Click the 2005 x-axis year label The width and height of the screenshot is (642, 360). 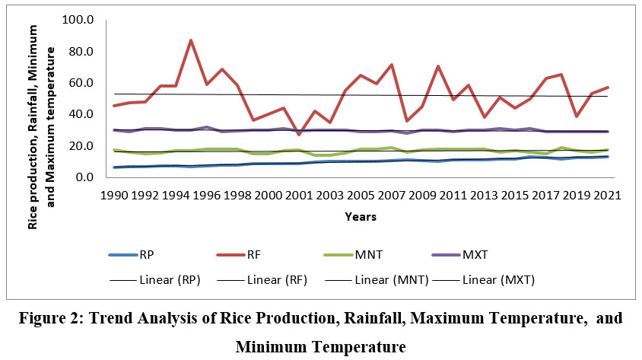coord(360,195)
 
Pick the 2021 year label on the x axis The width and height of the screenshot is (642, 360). coord(606,195)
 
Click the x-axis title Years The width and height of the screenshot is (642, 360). coord(361,217)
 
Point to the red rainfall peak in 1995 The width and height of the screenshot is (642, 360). coord(191,40)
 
